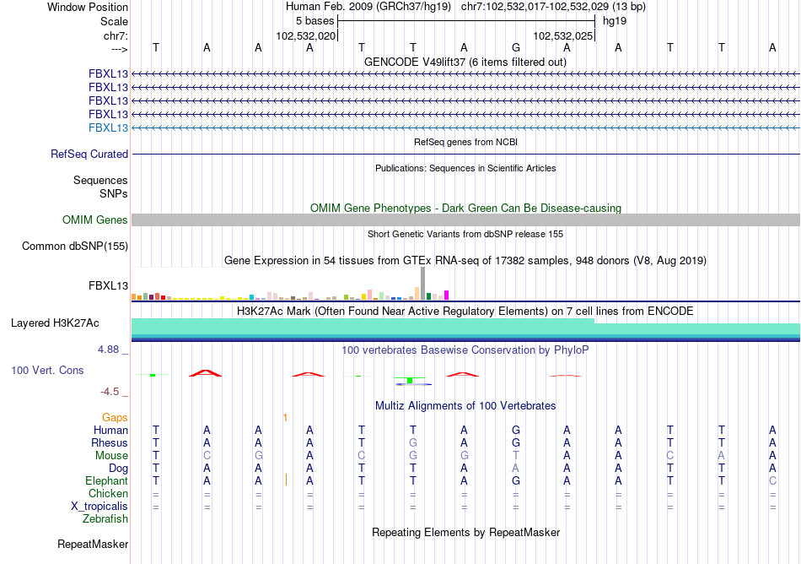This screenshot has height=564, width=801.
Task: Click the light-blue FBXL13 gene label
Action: click(109, 127)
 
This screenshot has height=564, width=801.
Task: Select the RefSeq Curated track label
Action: click(89, 155)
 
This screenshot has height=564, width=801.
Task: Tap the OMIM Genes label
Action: click(95, 220)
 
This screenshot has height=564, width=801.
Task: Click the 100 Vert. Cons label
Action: click(47, 371)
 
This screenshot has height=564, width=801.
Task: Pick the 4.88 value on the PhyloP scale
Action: click(112, 349)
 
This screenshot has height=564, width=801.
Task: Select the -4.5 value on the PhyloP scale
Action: click(113, 392)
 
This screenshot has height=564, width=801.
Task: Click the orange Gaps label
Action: click(115, 417)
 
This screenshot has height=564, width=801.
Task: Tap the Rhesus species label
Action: click(110, 442)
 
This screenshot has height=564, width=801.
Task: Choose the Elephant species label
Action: click(106, 480)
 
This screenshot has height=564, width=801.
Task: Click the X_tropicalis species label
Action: click(99, 506)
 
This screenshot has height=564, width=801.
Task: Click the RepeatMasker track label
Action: click(92, 545)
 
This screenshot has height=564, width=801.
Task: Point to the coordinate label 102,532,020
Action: click(306, 36)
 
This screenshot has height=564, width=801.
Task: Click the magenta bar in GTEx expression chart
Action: click(447, 295)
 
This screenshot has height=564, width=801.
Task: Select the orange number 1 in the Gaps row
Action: click(285, 417)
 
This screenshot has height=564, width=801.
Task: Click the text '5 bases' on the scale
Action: click(314, 20)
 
